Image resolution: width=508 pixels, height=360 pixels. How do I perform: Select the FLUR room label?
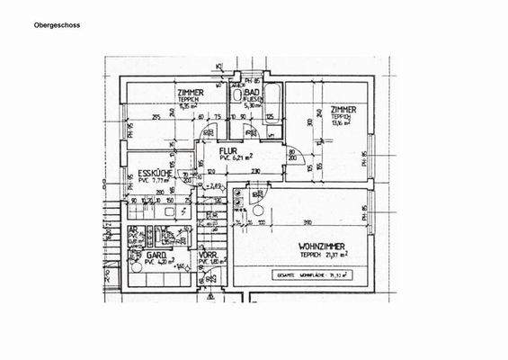pyautogui.click(x=214, y=150)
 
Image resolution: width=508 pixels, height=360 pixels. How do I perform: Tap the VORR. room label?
pyautogui.click(x=209, y=255)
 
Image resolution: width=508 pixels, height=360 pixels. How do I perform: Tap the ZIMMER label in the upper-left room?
pyautogui.click(x=190, y=93)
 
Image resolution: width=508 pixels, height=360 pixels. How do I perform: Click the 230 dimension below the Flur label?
pyautogui.click(x=230, y=170)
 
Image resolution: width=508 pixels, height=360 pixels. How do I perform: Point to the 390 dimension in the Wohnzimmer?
pyautogui.click(x=307, y=221)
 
